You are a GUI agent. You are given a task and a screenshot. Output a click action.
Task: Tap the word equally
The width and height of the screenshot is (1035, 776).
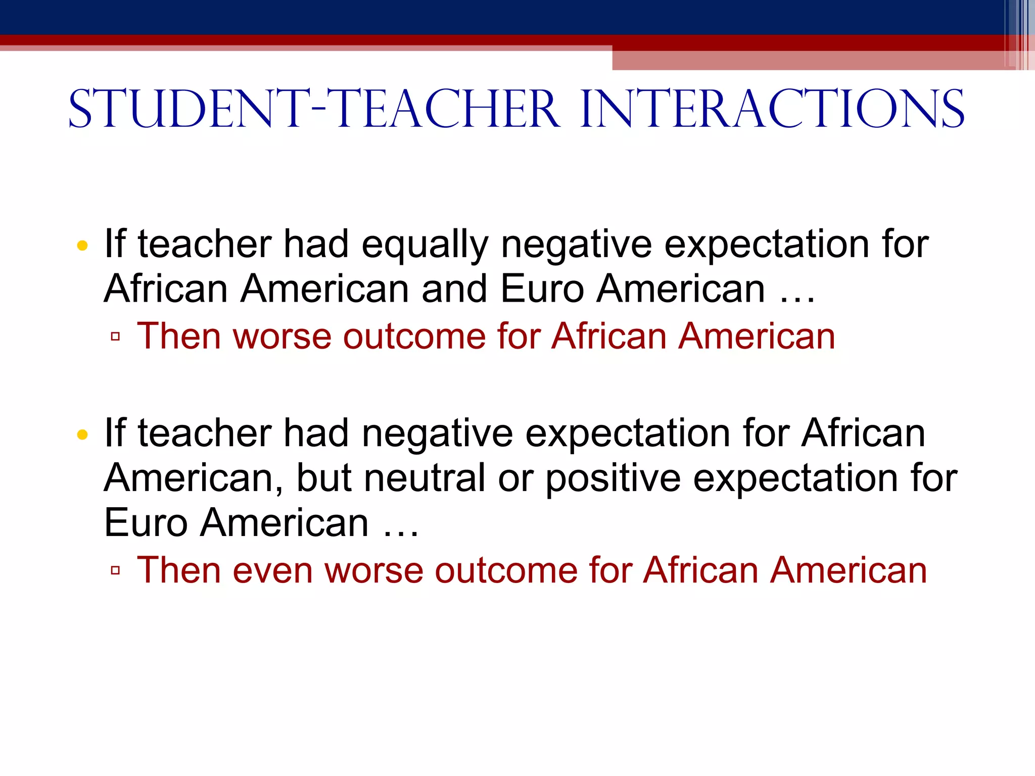pyautogui.click(x=425, y=245)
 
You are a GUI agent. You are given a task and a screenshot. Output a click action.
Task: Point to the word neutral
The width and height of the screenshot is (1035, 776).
pyautogui.click(x=425, y=478)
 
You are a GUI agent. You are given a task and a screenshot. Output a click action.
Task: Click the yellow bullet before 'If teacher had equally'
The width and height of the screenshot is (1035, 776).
pyautogui.click(x=82, y=246)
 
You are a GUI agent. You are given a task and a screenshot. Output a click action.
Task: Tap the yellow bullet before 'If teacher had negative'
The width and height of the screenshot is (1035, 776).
pyautogui.click(x=82, y=434)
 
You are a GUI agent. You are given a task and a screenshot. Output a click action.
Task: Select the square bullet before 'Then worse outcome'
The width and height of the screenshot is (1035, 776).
pyautogui.click(x=115, y=336)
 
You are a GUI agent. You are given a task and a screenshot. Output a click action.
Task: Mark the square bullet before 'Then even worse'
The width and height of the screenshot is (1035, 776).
pyautogui.click(x=115, y=570)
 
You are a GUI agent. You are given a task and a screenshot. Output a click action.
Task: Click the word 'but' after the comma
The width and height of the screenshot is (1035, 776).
pyautogui.click(x=323, y=478)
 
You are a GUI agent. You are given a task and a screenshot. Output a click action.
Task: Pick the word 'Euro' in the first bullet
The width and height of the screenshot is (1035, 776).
pyautogui.click(x=542, y=289)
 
